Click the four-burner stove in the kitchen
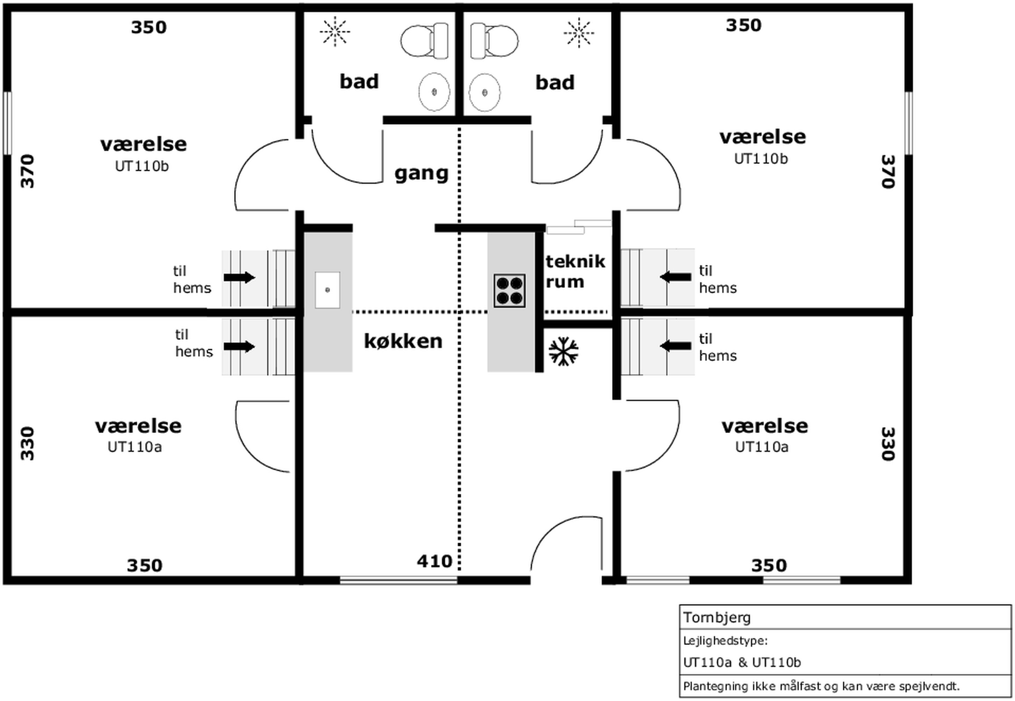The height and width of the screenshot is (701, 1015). tap(510, 290)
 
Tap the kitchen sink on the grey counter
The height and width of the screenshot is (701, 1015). tap(327, 290)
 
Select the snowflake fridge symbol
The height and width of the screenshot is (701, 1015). tap(563, 352)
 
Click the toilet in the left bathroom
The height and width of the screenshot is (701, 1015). tap(424, 41)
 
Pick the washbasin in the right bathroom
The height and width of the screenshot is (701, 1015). tap(484, 92)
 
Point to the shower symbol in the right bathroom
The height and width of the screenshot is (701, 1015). tap(579, 33)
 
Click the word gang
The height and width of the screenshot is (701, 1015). tap(421, 174)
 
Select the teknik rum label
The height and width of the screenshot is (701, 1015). tap(575, 272)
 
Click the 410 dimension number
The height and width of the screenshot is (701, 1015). tap(434, 561)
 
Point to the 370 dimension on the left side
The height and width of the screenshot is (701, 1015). tap(28, 171)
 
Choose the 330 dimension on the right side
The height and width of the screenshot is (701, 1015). tap(888, 444)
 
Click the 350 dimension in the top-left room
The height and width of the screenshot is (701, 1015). tap(149, 27)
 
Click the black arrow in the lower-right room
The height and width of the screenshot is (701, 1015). tap(675, 346)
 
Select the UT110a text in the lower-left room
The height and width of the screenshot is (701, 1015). tap(135, 447)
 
